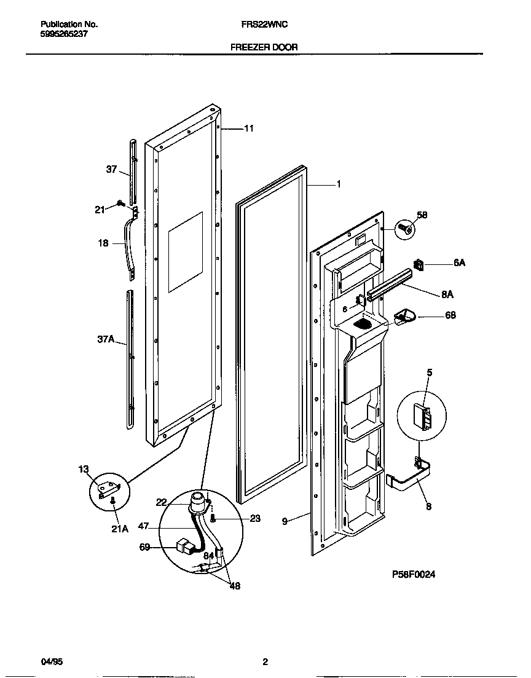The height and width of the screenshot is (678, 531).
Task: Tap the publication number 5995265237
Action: [x=64, y=34]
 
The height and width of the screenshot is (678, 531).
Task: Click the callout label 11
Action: [x=248, y=128]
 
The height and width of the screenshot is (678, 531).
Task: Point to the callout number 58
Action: [x=422, y=215]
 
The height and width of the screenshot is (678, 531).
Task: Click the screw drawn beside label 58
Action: [x=405, y=229]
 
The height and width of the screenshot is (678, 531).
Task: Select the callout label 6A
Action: [x=459, y=262]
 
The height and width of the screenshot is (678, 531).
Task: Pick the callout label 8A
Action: [x=447, y=294]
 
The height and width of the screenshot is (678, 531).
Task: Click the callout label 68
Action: [x=450, y=315]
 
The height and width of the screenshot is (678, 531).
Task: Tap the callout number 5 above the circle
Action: [x=430, y=372]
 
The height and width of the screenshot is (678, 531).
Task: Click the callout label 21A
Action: [x=120, y=528]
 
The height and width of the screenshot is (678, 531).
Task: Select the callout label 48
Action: [x=234, y=586]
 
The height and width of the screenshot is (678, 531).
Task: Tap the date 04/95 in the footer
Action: [x=51, y=662]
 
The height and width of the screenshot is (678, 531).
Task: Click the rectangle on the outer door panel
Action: [x=185, y=251]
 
